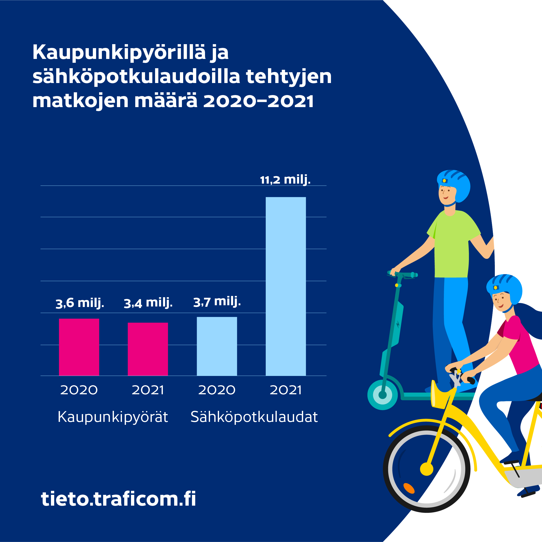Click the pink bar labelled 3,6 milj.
pyautogui.click(x=79, y=347)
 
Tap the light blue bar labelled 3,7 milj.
pyautogui.click(x=217, y=346)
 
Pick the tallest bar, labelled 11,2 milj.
pyautogui.click(x=286, y=286)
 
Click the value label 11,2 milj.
pyautogui.click(x=285, y=180)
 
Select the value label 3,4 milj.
pyautogui.click(x=148, y=303)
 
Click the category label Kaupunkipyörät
pyautogui.click(x=113, y=417)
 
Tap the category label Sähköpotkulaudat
pyautogui.click(x=254, y=417)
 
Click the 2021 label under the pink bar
pyautogui.click(x=148, y=390)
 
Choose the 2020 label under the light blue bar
pyautogui.click(x=217, y=390)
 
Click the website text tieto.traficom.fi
pyautogui.click(x=118, y=499)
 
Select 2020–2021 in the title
pyautogui.click(x=258, y=101)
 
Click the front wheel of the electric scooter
pyautogui.click(x=382, y=395)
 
